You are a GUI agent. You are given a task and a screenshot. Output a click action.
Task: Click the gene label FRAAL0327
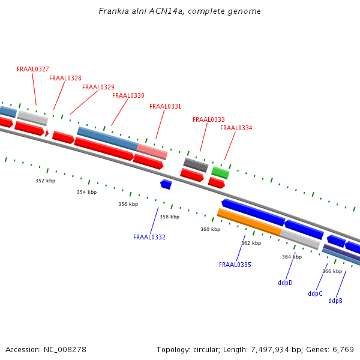[33, 70]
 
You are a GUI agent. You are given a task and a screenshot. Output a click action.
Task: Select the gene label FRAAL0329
[98, 88]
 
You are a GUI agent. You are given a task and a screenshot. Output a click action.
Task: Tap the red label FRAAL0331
[165, 107]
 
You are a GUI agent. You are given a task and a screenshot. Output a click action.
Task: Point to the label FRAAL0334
[236, 128]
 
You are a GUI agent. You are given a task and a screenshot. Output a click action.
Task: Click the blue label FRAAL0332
[149, 238]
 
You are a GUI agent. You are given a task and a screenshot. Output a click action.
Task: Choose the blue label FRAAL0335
[235, 265]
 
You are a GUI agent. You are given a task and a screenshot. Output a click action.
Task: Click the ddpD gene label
[285, 283]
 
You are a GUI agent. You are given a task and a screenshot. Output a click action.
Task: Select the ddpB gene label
[335, 301]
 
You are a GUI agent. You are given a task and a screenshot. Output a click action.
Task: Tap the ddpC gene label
[315, 294]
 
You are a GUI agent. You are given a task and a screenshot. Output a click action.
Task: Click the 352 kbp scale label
[45, 181]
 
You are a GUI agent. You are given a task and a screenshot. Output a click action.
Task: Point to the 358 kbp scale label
[169, 217]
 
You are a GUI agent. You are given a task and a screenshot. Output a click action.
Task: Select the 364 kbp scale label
[292, 257]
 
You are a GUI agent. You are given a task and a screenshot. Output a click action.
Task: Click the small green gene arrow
[220, 173]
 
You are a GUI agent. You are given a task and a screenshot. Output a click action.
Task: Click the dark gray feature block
[196, 164]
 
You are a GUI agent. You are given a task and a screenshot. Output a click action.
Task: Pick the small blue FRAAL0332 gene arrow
[166, 184]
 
